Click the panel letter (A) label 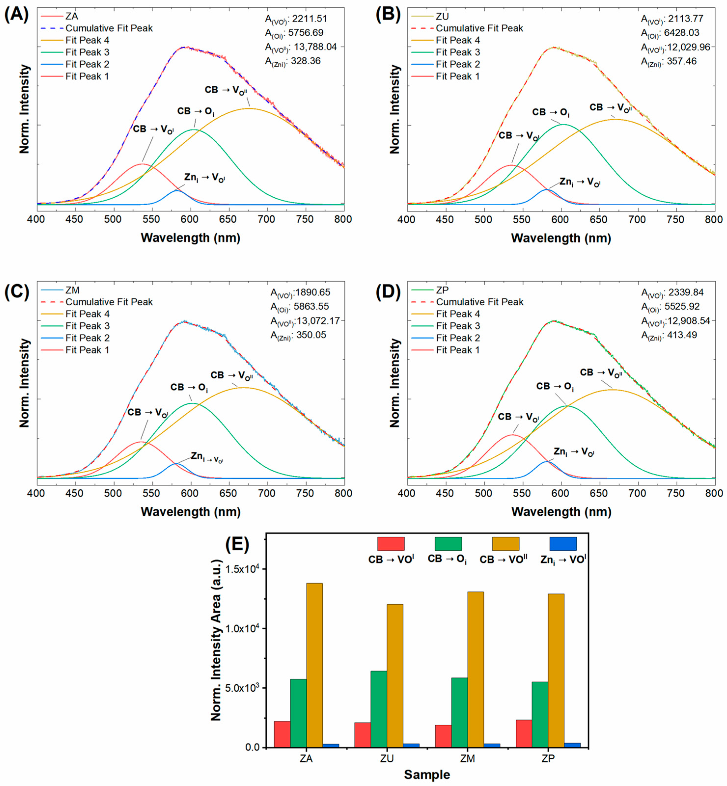[16, 15]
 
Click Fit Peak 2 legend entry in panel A [87, 64]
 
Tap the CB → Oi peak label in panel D [555, 387]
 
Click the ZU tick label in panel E [387, 759]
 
